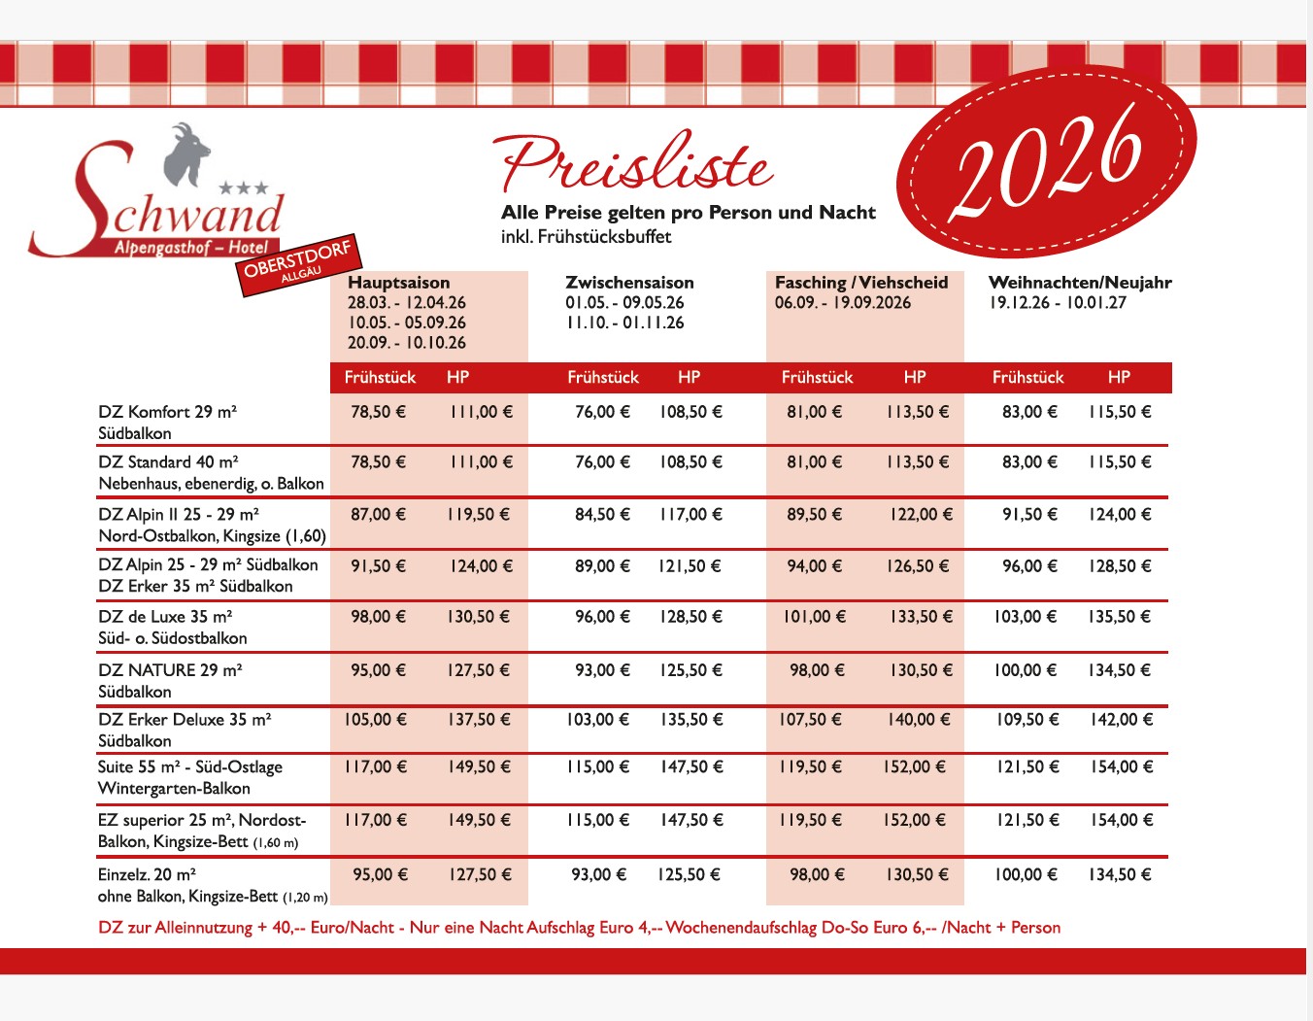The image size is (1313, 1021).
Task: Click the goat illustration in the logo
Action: click(186, 153)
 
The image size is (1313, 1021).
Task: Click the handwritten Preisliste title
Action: click(636, 163)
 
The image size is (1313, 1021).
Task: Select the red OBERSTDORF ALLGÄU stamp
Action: click(298, 263)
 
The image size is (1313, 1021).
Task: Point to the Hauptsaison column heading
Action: click(398, 283)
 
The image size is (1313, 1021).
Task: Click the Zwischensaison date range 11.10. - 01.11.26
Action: click(624, 323)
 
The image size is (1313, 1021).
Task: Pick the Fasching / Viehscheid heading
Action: click(860, 283)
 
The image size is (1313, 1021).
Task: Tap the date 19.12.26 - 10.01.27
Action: click(1058, 303)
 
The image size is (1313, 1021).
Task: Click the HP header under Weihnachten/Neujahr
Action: click(1119, 377)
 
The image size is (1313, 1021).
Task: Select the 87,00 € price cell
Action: click(378, 514)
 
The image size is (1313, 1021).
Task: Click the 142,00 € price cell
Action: click(1121, 720)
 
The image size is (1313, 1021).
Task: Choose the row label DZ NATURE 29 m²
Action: click(170, 670)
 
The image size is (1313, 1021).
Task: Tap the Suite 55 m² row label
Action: click(189, 767)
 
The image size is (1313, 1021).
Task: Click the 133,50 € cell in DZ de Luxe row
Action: click(921, 617)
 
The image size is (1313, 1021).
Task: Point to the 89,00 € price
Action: click(602, 566)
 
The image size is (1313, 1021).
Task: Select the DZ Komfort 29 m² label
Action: click(167, 412)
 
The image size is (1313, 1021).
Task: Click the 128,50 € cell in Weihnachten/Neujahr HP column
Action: click(1120, 566)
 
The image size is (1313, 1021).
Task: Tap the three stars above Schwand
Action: click(243, 188)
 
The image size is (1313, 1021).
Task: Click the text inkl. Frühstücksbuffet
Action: click(586, 237)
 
